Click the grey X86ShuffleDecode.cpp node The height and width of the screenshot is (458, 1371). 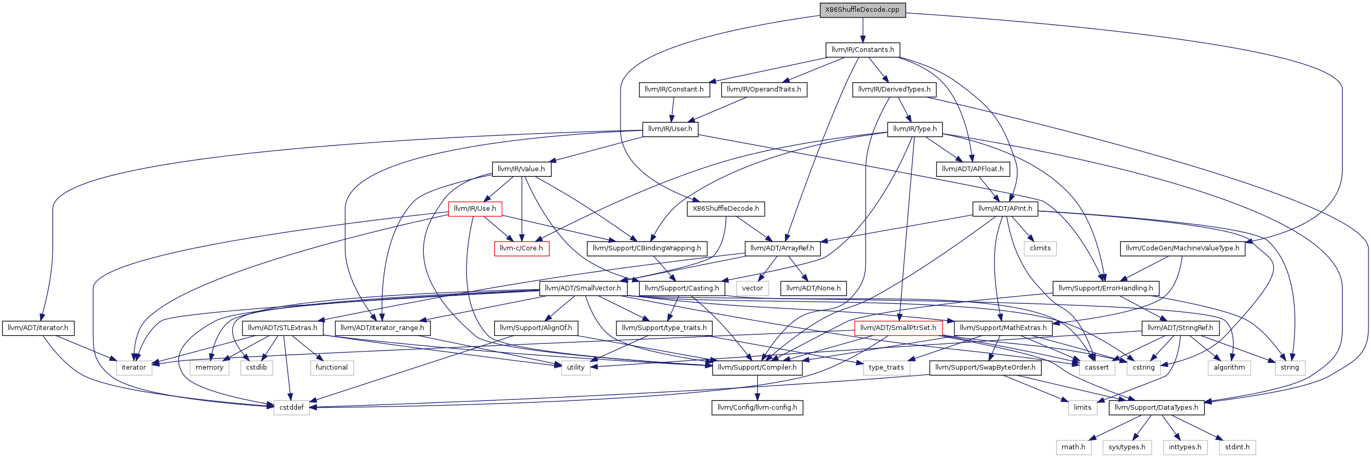pos(862,10)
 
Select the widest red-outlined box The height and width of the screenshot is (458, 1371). pos(898,328)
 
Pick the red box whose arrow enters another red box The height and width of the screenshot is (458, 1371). pos(475,209)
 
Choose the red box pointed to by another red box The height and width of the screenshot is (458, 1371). pos(521,249)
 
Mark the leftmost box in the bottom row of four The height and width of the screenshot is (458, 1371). pos(1074,448)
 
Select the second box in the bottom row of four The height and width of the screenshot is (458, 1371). pos(1126,448)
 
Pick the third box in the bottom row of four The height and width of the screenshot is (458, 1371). pos(1185,448)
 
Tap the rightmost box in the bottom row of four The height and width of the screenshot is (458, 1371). pos(1237,448)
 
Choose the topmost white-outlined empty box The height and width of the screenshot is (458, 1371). pos(1040,249)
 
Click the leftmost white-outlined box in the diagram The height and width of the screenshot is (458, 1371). pos(134,368)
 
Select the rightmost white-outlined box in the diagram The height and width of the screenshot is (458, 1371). pos(1290,368)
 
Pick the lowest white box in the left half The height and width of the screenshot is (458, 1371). pos(292,408)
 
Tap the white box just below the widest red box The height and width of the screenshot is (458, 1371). pos(887,368)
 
